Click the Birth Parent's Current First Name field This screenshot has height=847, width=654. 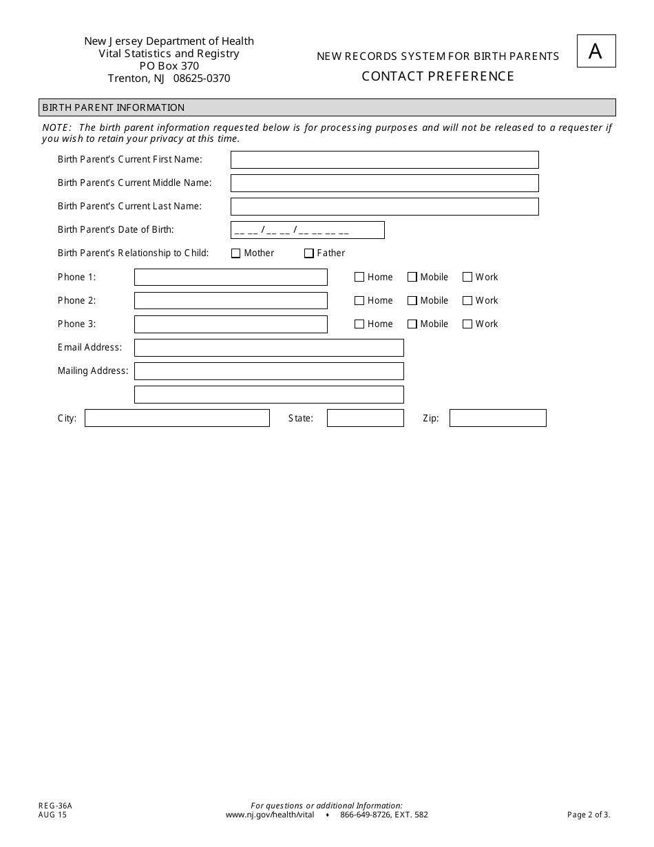point(384,160)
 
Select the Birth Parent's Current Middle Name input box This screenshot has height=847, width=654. point(384,183)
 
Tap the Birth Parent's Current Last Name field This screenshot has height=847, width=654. point(384,207)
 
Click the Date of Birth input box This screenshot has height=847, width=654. point(307,230)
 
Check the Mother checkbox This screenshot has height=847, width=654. point(236,253)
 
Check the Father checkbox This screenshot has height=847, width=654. point(309,253)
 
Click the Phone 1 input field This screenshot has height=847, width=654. point(231,278)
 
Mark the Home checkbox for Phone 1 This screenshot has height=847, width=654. point(359,278)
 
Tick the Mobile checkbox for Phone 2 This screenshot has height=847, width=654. point(412,301)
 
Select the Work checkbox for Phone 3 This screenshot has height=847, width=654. point(467,324)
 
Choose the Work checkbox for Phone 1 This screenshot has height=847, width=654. point(467,278)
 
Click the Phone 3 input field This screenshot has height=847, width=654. point(231,324)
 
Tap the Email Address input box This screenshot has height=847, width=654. point(268,348)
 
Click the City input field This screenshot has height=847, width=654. point(177,418)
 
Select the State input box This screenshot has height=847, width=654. point(365,418)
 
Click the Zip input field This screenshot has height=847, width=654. point(498,418)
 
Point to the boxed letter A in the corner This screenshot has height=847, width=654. point(596,51)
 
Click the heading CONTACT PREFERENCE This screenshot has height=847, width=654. point(438,76)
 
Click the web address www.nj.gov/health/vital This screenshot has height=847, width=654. point(270,815)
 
